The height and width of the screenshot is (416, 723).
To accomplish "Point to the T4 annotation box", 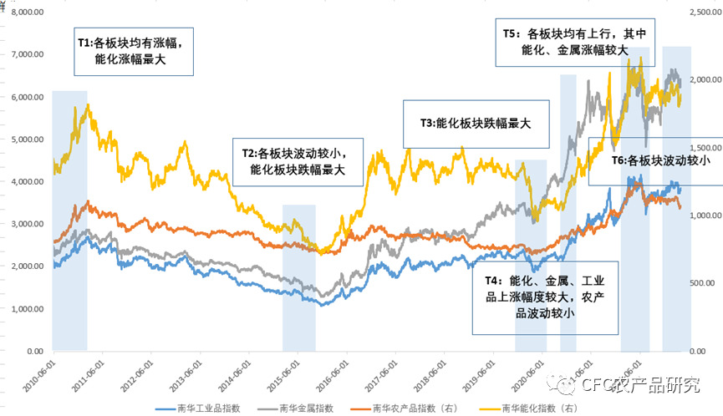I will click(x=545, y=293).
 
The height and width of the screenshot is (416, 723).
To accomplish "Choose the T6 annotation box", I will click(x=654, y=160).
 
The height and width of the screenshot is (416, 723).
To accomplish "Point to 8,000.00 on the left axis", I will click(x=28, y=12).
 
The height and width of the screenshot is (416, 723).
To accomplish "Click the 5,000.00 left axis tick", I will click(x=28, y=140).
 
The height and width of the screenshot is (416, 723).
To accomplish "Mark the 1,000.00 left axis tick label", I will click(x=28, y=309).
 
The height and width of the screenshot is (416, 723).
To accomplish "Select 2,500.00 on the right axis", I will click(x=705, y=12).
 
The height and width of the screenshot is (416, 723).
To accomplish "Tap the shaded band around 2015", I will click(x=299, y=276).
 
